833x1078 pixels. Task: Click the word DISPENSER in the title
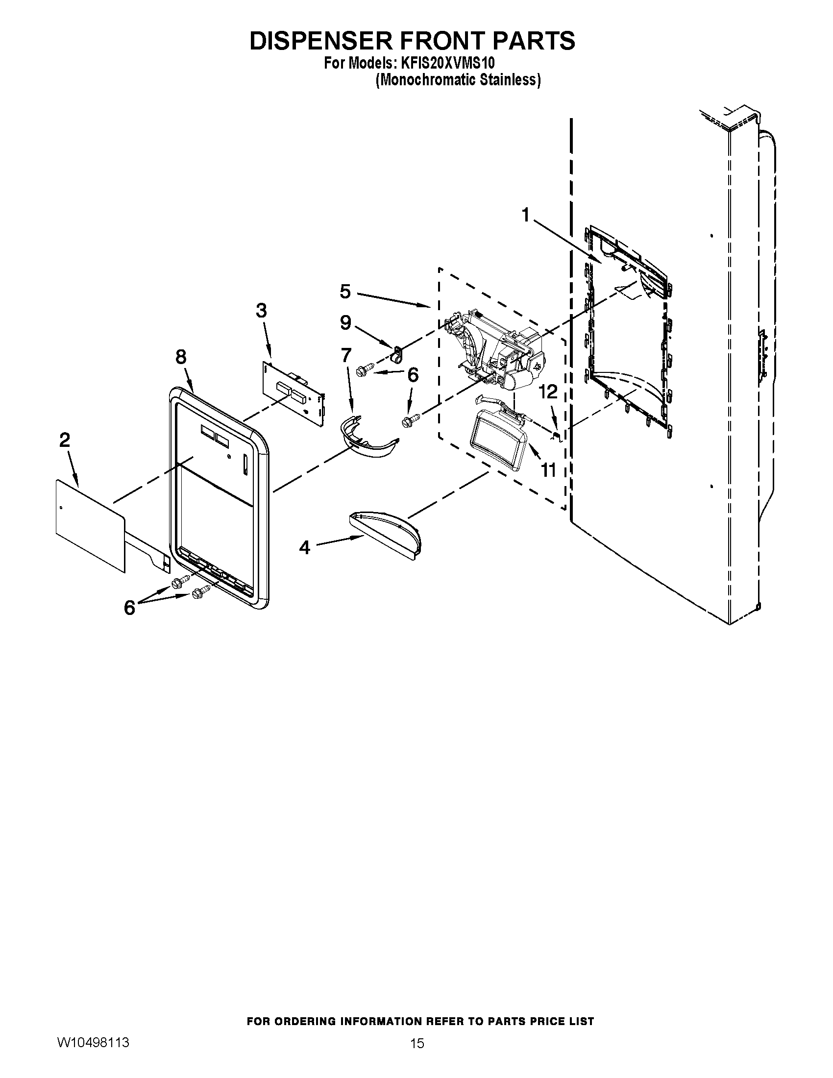click(x=321, y=41)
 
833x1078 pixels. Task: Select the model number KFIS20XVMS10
click(x=447, y=64)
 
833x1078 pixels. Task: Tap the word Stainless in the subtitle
click(x=509, y=79)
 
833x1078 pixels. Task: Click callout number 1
click(x=526, y=215)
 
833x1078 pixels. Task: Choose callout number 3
click(x=261, y=311)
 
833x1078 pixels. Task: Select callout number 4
click(x=305, y=547)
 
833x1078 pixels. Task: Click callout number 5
click(x=345, y=291)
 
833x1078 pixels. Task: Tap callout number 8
click(x=181, y=356)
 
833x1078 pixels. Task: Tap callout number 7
click(x=346, y=354)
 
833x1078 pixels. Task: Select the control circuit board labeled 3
click(x=293, y=392)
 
